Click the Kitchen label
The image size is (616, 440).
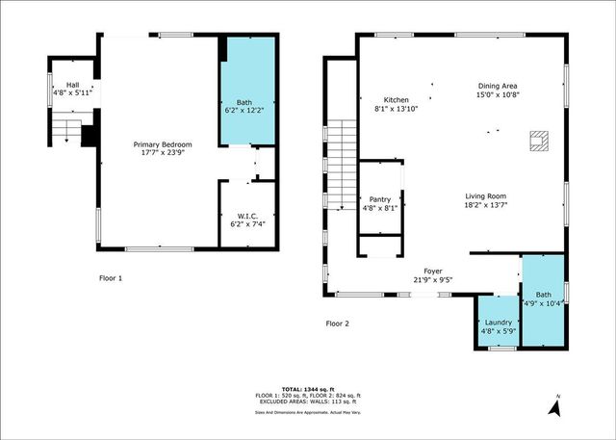pos(397,99)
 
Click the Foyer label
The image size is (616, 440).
pos(432,272)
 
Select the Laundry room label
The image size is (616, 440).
pos(498,323)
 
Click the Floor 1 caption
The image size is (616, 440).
pos(112,278)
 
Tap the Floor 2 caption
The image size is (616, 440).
pos(338,324)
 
